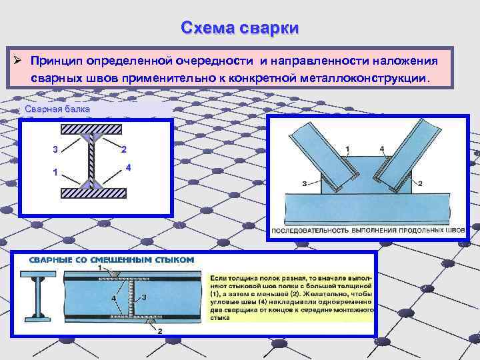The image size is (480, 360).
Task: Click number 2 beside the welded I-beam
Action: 125,149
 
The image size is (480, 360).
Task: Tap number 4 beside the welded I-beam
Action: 127,166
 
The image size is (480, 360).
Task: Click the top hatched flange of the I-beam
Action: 91,128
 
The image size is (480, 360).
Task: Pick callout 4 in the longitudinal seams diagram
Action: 381,147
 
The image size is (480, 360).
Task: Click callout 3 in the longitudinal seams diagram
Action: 305,182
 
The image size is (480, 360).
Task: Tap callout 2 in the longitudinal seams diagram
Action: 419,182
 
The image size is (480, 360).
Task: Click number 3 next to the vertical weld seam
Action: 144,297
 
